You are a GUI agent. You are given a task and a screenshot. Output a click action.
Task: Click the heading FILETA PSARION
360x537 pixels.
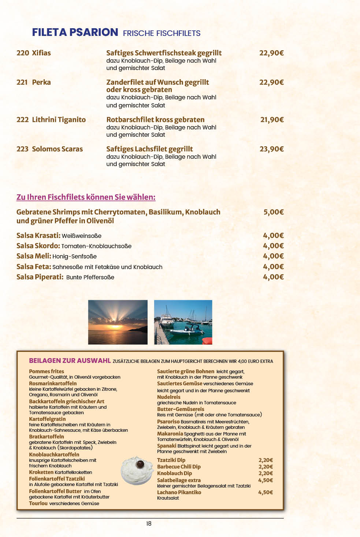(x=75, y=32)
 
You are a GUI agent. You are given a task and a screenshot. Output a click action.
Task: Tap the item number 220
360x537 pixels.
(x=22, y=53)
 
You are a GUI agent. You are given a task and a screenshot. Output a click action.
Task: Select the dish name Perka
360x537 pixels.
(x=41, y=82)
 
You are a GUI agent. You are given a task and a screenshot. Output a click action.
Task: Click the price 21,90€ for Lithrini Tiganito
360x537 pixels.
(x=272, y=119)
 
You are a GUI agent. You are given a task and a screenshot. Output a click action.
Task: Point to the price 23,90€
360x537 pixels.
(x=271, y=149)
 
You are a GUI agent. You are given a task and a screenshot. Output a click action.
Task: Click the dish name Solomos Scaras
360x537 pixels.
(x=57, y=149)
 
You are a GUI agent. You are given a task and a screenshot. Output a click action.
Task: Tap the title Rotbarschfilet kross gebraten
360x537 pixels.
(x=155, y=119)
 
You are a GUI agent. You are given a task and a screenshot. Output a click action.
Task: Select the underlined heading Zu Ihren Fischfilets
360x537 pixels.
(x=86, y=197)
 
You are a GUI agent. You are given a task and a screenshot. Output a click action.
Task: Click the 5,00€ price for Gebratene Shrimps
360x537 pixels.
(x=274, y=212)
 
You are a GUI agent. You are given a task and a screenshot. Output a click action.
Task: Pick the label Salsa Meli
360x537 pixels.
(x=34, y=256)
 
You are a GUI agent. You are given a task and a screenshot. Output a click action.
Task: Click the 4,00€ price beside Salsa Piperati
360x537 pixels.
(x=273, y=277)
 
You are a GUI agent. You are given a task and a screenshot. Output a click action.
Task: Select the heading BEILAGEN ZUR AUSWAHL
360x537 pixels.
(x=70, y=361)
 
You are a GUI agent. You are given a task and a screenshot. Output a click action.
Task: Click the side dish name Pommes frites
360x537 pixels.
(x=46, y=371)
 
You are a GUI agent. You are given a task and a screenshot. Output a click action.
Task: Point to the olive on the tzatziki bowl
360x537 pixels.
(x=140, y=465)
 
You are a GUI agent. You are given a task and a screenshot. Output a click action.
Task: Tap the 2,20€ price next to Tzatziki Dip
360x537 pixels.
(x=266, y=460)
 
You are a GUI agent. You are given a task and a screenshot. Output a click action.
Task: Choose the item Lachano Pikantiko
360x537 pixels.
(x=179, y=492)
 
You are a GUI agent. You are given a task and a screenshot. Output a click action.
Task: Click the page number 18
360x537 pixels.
(x=149, y=523)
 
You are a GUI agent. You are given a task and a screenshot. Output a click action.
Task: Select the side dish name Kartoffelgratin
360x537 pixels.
(x=47, y=419)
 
